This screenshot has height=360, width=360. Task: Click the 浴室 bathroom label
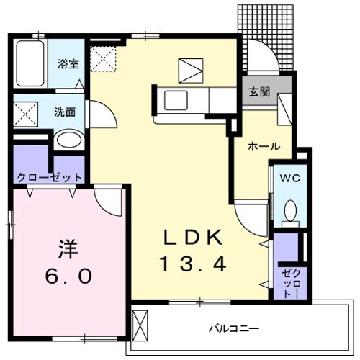[x=69, y=63]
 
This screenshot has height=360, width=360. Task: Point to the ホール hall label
[x=264, y=146]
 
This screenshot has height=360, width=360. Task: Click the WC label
[x=289, y=177]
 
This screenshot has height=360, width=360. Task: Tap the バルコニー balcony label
[x=234, y=328]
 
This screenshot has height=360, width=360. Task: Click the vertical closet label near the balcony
[x=287, y=282]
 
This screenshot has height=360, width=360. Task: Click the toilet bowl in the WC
[x=290, y=211]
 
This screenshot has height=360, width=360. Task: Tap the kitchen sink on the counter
[x=175, y=98]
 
